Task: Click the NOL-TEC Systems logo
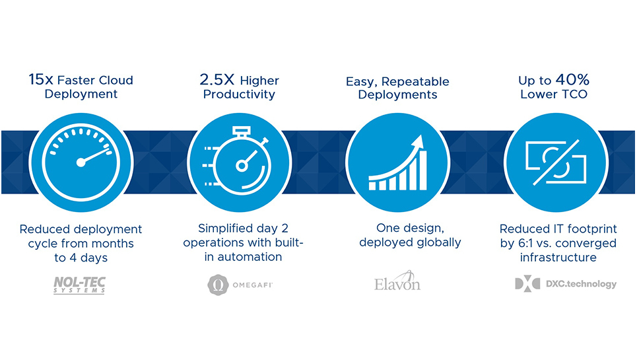click(x=80, y=285)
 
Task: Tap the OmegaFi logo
click(x=240, y=285)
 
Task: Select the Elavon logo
click(x=397, y=281)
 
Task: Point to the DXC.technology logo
click(x=566, y=283)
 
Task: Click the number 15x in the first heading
click(x=41, y=80)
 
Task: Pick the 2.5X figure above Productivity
click(x=217, y=80)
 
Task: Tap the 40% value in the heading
click(x=572, y=80)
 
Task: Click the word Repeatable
click(x=415, y=82)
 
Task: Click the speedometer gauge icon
click(x=81, y=162)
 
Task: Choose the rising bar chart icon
click(x=398, y=163)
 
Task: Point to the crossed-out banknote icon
click(x=556, y=162)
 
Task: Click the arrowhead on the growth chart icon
click(x=419, y=141)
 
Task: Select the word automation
click(x=250, y=257)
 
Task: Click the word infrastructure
click(x=558, y=257)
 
